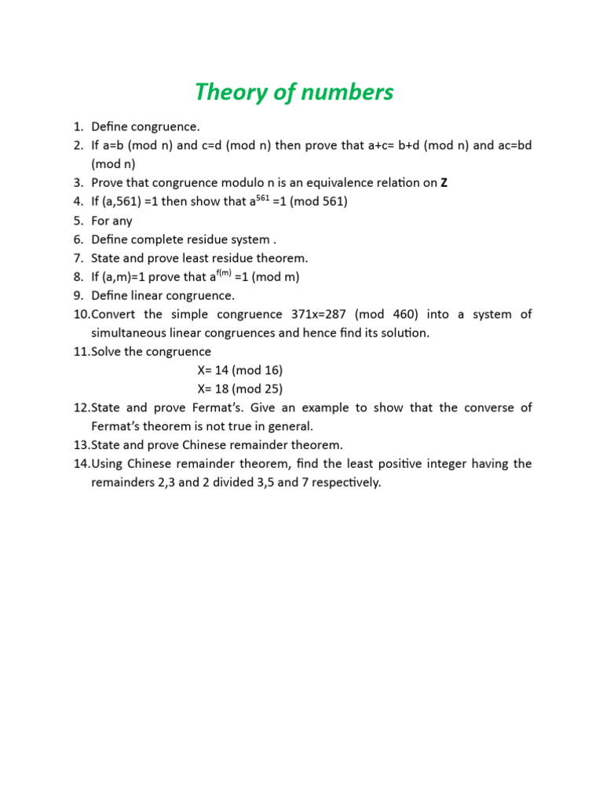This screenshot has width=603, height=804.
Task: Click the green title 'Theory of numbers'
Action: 294,93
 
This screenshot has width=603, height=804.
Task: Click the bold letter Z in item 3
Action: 444,183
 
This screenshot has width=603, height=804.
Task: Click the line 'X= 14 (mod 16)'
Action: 240,370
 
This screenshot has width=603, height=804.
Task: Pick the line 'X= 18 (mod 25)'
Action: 240,389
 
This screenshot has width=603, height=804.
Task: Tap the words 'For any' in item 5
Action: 111,221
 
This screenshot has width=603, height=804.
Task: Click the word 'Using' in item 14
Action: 108,463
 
